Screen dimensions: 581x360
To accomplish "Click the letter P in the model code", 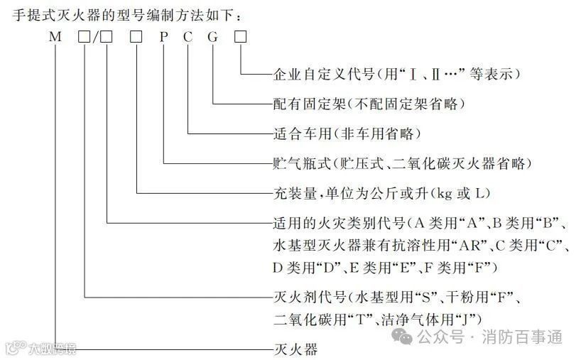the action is point(163,37).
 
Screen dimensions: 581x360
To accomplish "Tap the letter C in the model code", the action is point(188,37).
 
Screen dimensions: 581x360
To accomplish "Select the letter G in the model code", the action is point(212,37).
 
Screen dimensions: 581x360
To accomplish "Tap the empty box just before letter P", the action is point(136,37).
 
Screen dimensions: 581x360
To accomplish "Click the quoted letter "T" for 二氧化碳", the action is point(357,316).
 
